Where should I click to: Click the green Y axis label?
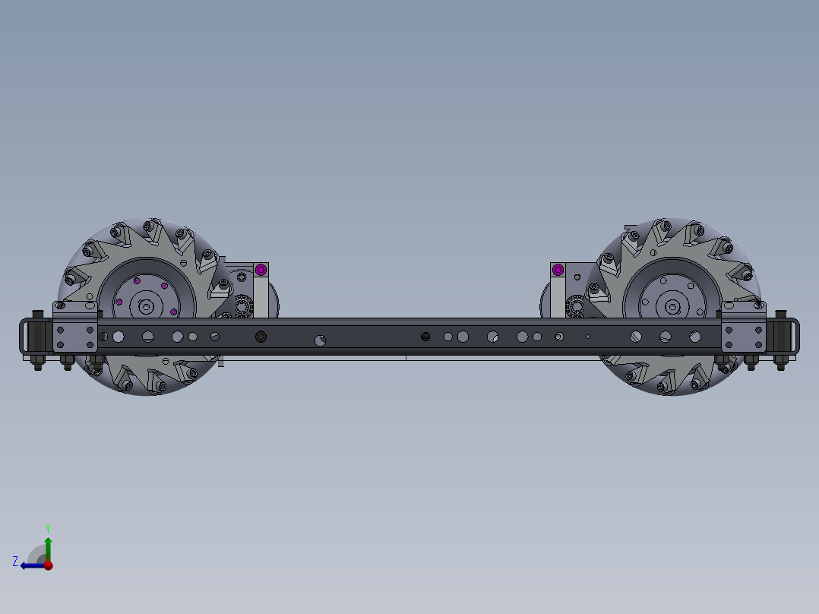[x=47, y=527]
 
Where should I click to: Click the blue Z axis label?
[x=15, y=561]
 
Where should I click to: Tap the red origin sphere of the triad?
[x=48, y=565]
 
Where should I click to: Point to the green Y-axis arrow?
[x=48, y=547]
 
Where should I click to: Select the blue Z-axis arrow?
[x=30, y=565]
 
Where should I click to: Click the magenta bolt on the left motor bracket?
[x=261, y=269]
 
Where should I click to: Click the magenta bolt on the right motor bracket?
[x=558, y=269]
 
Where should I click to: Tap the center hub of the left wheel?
[x=144, y=306]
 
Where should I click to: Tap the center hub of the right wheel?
[x=672, y=307]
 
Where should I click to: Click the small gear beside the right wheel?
[x=575, y=306]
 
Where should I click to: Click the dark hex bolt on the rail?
[x=261, y=337]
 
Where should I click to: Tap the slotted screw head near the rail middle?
[x=425, y=336]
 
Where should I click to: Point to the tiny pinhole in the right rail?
[x=587, y=336]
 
